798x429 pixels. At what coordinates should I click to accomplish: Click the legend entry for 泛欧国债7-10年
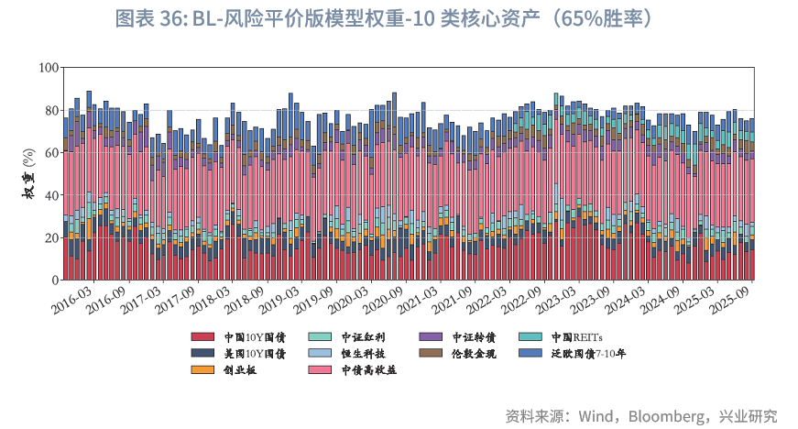click(589, 353)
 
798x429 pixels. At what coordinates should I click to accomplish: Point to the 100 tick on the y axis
click(49, 68)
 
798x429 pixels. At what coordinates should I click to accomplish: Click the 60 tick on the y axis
click(51, 152)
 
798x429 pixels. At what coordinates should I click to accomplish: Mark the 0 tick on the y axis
click(55, 280)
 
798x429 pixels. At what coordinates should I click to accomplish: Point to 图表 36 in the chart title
click(152, 19)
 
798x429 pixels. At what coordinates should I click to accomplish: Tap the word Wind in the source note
click(597, 415)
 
